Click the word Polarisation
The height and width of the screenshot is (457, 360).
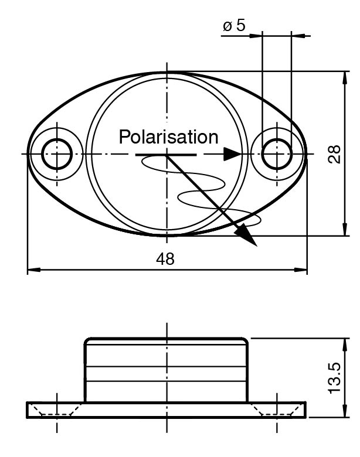(x=168, y=137)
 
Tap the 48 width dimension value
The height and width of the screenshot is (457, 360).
(x=166, y=259)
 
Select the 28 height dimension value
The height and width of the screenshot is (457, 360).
(x=334, y=154)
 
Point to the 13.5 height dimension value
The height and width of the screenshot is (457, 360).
(x=334, y=378)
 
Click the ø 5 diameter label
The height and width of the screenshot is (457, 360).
(x=235, y=26)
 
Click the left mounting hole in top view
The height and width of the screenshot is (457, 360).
(x=57, y=155)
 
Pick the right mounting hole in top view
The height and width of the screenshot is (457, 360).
(x=277, y=155)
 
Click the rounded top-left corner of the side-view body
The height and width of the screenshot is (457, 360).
(x=89, y=341)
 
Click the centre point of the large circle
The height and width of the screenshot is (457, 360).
(x=168, y=155)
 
